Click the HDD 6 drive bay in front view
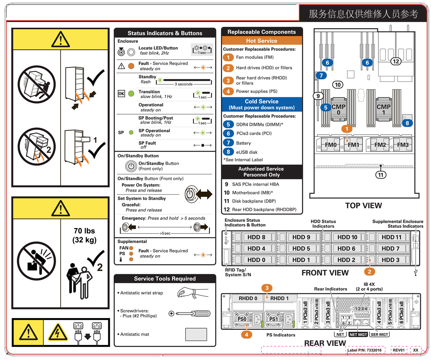pos(346,249)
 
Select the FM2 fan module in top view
pos(380,145)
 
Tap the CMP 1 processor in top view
pos(384,110)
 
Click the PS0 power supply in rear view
pos(242,319)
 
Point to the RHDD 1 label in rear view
pos(280,298)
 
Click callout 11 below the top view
pos(381,175)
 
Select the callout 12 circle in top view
pos(396,61)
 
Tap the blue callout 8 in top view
pos(407,123)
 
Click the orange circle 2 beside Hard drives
pos(228,68)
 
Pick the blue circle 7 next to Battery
pos(228,143)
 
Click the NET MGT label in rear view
pos(358,334)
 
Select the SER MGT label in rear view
pos(379,334)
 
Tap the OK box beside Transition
pos(122,94)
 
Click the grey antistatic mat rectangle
pos(196,334)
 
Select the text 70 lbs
pos(84,231)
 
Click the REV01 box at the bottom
pos(399,350)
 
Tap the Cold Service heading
pos(262,102)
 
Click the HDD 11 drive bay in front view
pos(391,237)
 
